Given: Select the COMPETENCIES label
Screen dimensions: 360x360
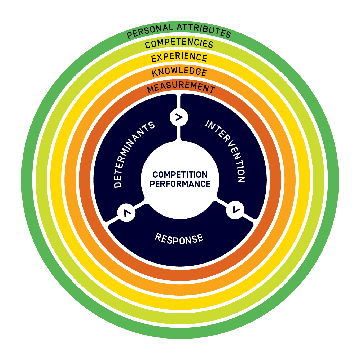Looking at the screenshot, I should point(179,43).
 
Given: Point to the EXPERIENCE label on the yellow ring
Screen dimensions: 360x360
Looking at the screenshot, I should point(179,57).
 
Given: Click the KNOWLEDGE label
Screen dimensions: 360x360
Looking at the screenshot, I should point(179,72).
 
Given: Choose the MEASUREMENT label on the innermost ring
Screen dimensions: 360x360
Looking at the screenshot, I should point(181,87).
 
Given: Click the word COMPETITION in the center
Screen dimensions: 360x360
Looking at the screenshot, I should point(180,175).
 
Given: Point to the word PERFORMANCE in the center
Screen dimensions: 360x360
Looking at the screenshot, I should point(180,184).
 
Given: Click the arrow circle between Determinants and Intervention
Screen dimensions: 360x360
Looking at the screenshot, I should point(179,117).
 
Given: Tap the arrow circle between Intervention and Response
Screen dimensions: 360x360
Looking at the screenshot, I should point(235,210).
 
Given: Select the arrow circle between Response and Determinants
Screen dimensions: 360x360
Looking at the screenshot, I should point(126,213).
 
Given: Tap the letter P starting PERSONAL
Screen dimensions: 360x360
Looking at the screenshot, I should point(129,35).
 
